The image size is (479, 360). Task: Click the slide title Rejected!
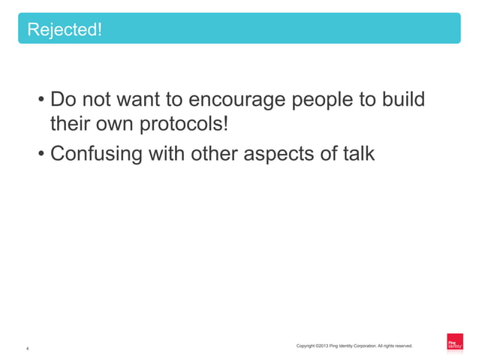(65, 30)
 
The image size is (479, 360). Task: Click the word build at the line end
(400, 100)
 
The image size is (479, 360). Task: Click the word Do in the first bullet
(62, 100)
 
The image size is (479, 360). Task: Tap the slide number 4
(28, 349)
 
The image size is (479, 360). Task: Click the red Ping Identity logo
(454, 342)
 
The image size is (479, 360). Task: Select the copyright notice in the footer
(354, 346)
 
